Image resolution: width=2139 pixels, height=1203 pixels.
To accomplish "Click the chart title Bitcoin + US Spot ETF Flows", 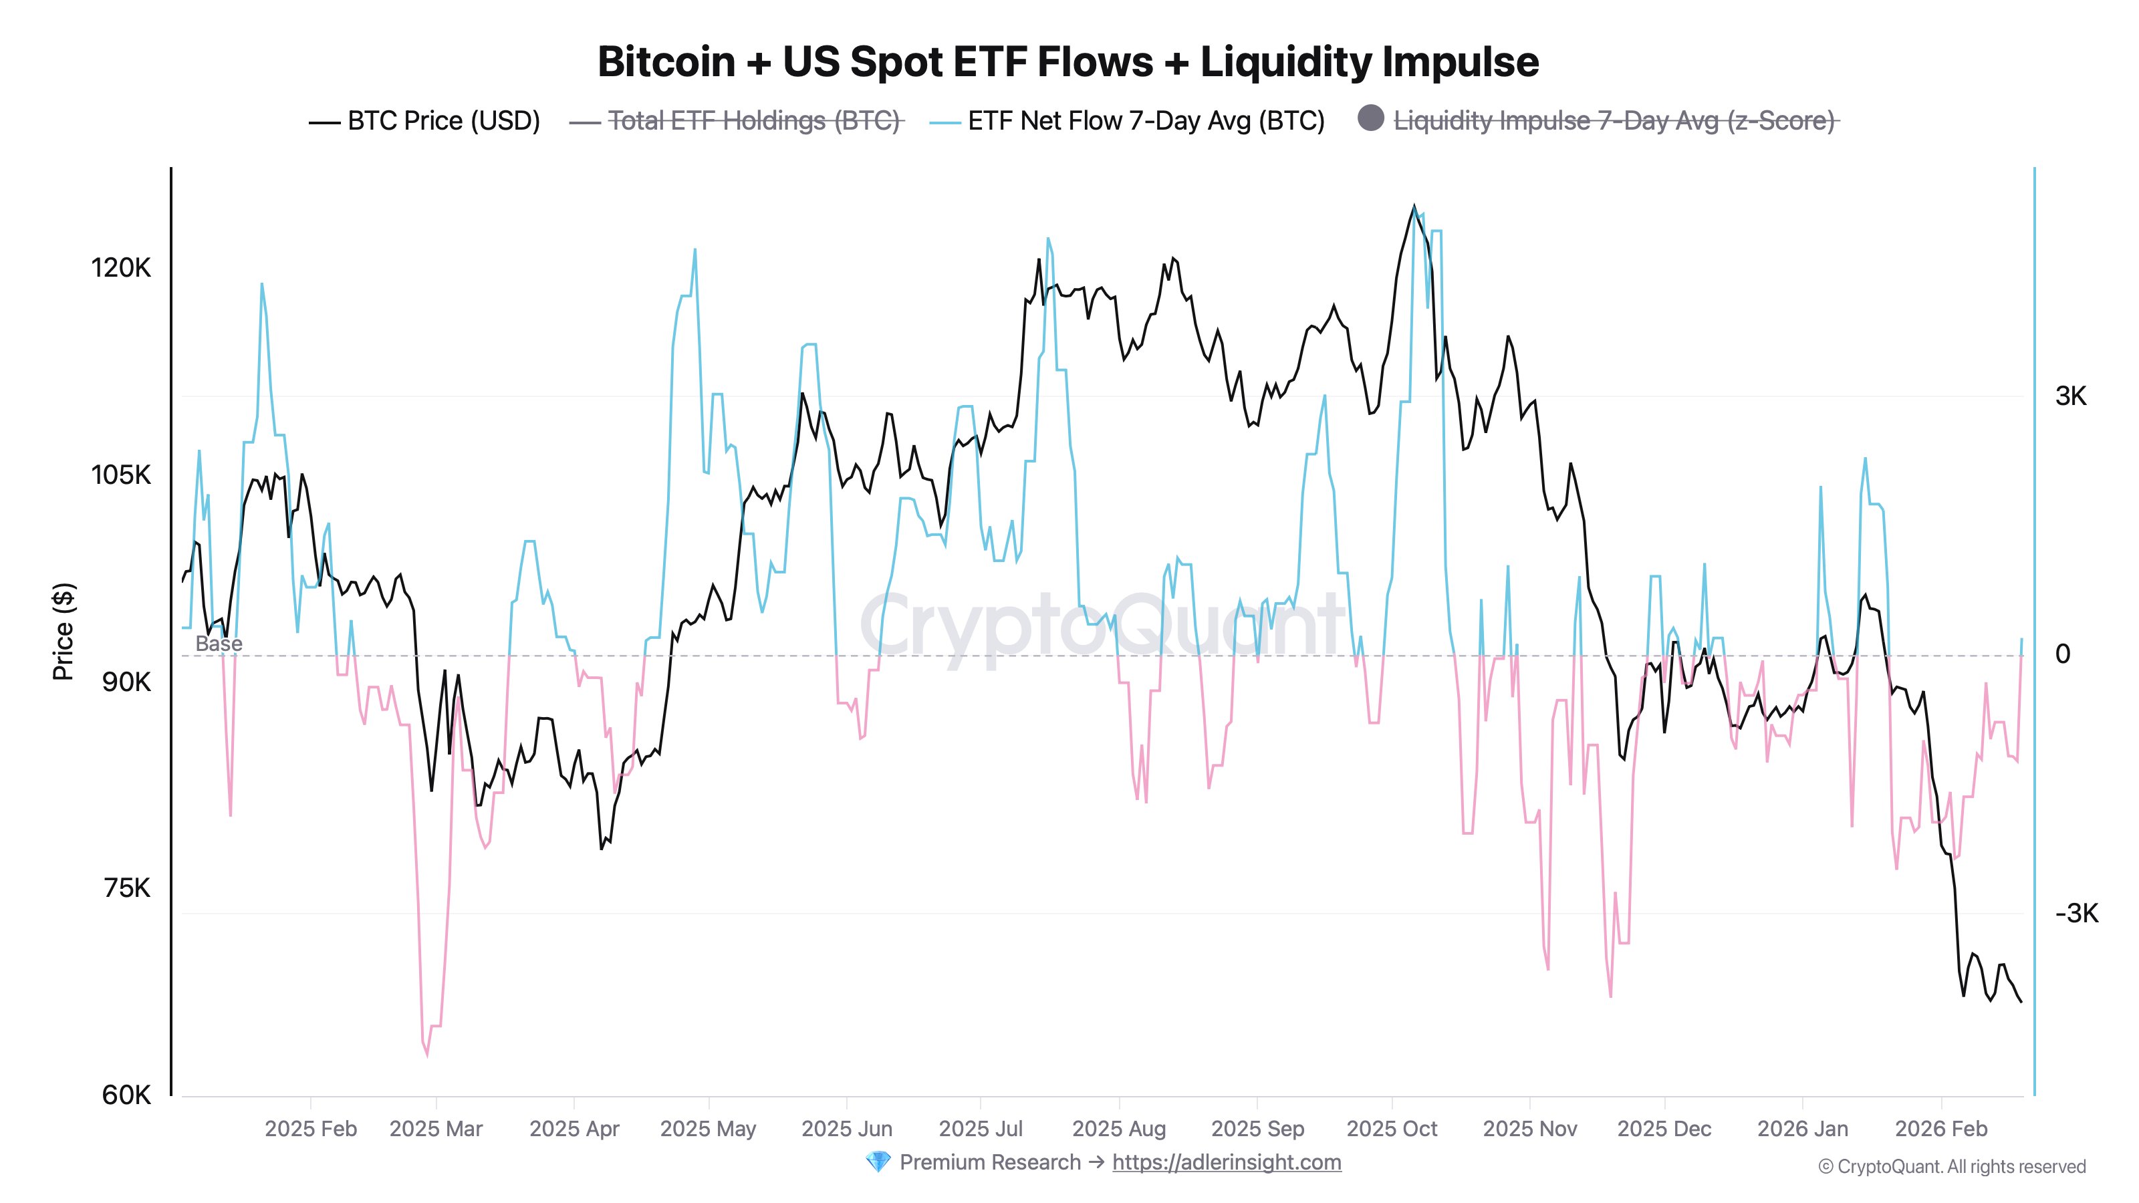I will [x=1068, y=62].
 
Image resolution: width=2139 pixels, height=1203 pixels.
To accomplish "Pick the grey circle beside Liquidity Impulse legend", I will [x=1370, y=119].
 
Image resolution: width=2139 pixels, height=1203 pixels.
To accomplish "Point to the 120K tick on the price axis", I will [x=121, y=268].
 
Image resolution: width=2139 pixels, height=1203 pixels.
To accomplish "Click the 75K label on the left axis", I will [x=127, y=888].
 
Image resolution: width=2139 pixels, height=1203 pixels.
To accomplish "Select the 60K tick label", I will [x=127, y=1095].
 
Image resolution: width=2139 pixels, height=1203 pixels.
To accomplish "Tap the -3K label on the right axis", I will [x=2077, y=913].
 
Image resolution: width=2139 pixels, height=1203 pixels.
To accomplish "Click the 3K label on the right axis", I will [x=2071, y=396].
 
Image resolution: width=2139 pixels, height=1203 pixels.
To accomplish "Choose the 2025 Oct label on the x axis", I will [x=1392, y=1129].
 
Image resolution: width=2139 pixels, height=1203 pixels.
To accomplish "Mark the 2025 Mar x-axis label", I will [x=436, y=1129].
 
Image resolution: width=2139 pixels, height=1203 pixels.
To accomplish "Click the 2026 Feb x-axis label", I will [x=1941, y=1129].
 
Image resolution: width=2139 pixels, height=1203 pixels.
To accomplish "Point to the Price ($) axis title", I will [x=63, y=632].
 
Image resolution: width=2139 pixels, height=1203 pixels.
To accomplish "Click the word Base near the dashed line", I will [x=219, y=644].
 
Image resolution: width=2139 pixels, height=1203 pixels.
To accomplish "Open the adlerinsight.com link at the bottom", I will [x=1227, y=1162].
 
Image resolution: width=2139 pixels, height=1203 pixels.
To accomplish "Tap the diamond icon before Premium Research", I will [x=877, y=1162].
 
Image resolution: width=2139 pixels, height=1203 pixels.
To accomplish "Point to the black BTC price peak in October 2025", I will [x=1414, y=206].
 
